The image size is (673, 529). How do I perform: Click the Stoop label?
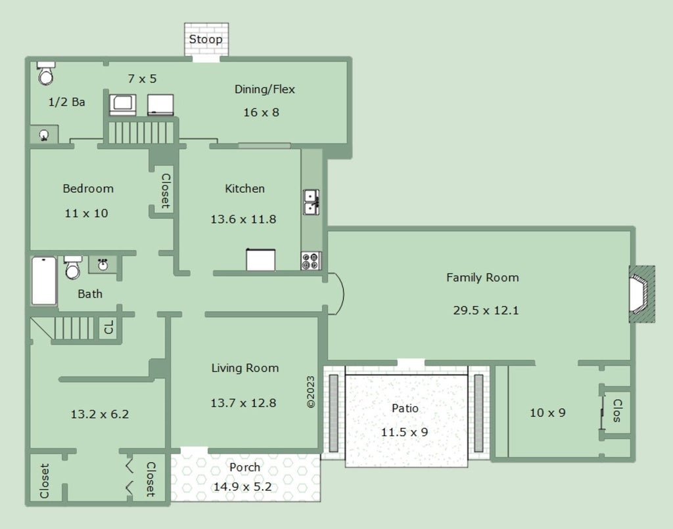[206, 39]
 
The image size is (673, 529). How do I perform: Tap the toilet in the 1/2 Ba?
[45, 73]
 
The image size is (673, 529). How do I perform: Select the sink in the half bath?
[44, 135]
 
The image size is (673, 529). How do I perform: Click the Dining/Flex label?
[264, 89]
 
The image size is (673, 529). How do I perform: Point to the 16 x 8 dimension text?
[261, 112]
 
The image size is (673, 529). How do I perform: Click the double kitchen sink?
[311, 202]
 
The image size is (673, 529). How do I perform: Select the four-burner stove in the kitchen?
[311, 261]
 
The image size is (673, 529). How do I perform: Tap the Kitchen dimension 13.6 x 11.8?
[243, 219]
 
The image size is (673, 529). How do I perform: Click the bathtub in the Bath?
[44, 281]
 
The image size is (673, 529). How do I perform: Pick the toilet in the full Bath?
[72, 268]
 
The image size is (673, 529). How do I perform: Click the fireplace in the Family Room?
[641, 294]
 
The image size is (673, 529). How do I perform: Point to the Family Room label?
[482, 278]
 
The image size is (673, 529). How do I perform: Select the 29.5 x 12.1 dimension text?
[486, 310]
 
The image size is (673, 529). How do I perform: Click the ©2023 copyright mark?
[311, 392]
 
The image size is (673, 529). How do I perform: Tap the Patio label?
[405, 408]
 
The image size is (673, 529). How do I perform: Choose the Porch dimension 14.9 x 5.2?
[243, 486]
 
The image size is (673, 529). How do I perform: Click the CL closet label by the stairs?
[108, 327]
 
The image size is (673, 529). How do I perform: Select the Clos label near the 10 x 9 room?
[616, 410]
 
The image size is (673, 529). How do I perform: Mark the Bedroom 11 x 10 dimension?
[86, 213]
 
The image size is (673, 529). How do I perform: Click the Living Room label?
[245, 368]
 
